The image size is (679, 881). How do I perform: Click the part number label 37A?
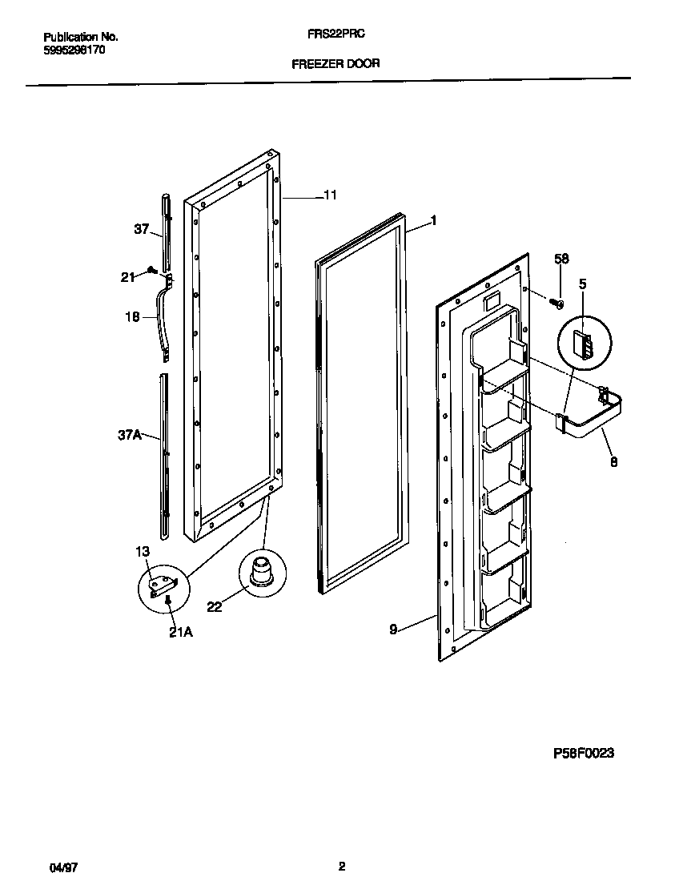pos(129,435)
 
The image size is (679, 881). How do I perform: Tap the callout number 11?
pos(331,195)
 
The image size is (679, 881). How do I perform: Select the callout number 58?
pos(561,259)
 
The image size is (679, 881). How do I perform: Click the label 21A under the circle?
pos(182,633)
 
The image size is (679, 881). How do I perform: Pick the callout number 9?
pos(393,630)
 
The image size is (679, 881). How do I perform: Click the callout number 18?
pos(132,317)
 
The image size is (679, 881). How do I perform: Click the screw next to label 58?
pos(555,302)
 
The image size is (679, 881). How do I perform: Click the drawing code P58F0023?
pos(583,753)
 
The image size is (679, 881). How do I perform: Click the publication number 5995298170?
pos(73,49)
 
